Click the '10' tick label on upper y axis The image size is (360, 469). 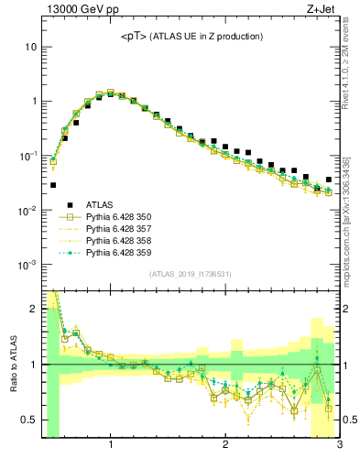point(30,47)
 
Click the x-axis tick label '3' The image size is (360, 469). point(338,447)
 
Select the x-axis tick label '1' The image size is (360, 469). point(111,447)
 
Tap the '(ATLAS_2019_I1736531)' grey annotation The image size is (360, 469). point(191,274)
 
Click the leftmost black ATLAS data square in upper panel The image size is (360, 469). point(53,185)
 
